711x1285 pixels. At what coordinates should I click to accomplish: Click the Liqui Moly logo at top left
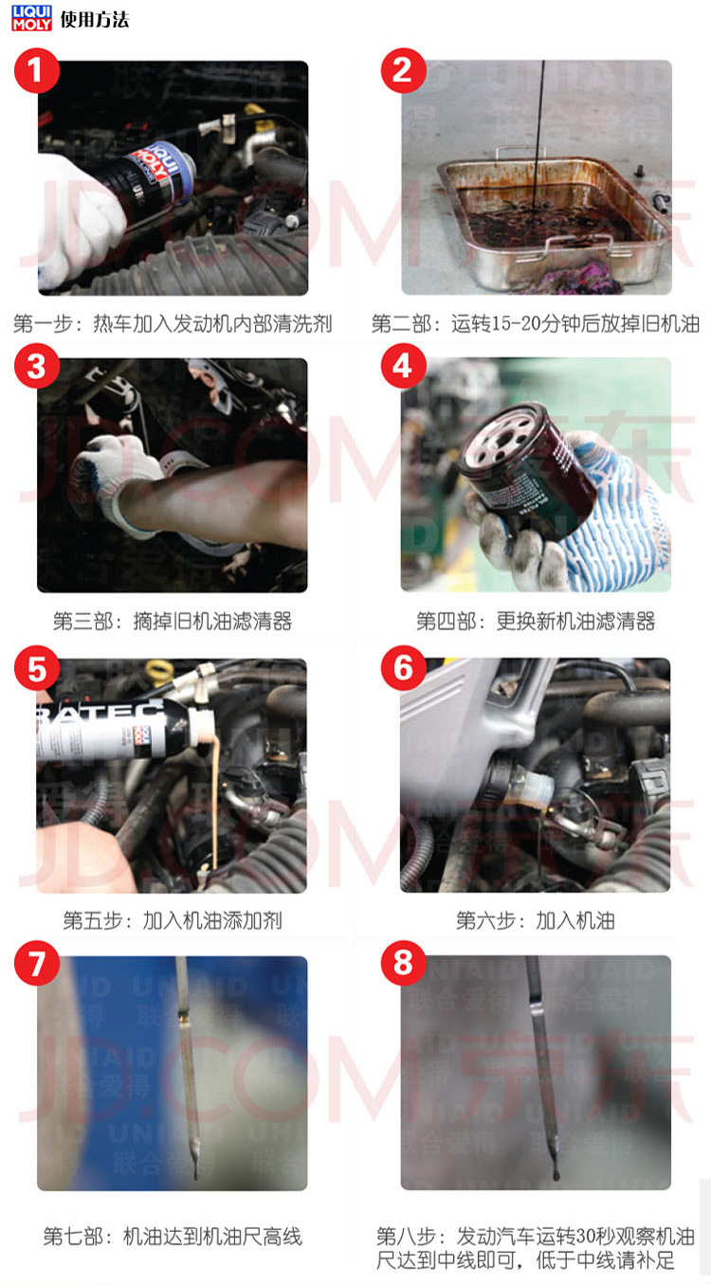pyautogui.click(x=31, y=18)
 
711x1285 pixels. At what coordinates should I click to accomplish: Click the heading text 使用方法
pyautogui.click(x=95, y=20)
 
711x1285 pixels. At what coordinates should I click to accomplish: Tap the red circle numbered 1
pyautogui.click(x=36, y=70)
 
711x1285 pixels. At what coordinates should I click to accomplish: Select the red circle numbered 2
pyautogui.click(x=404, y=70)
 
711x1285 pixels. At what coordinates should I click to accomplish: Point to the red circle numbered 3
pyautogui.click(x=36, y=366)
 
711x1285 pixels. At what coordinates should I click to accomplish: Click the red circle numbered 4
pyautogui.click(x=404, y=366)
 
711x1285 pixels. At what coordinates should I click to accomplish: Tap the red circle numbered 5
pyautogui.click(x=36, y=669)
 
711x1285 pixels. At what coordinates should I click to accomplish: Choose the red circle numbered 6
pyautogui.click(x=404, y=668)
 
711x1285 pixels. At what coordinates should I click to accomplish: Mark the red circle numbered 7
pyautogui.click(x=36, y=963)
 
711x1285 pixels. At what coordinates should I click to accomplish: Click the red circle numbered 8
pyautogui.click(x=404, y=963)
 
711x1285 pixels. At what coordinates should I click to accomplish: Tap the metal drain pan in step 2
pyautogui.click(x=554, y=218)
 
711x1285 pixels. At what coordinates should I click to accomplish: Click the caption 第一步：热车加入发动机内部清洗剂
pyautogui.click(x=173, y=324)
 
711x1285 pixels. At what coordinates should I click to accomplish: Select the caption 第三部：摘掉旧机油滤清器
pyautogui.click(x=173, y=622)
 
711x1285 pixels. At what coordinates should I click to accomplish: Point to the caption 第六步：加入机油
pyautogui.click(x=536, y=921)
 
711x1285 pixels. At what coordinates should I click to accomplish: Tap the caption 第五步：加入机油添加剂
pyautogui.click(x=173, y=921)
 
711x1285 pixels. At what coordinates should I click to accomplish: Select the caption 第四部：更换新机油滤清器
pyautogui.click(x=536, y=622)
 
